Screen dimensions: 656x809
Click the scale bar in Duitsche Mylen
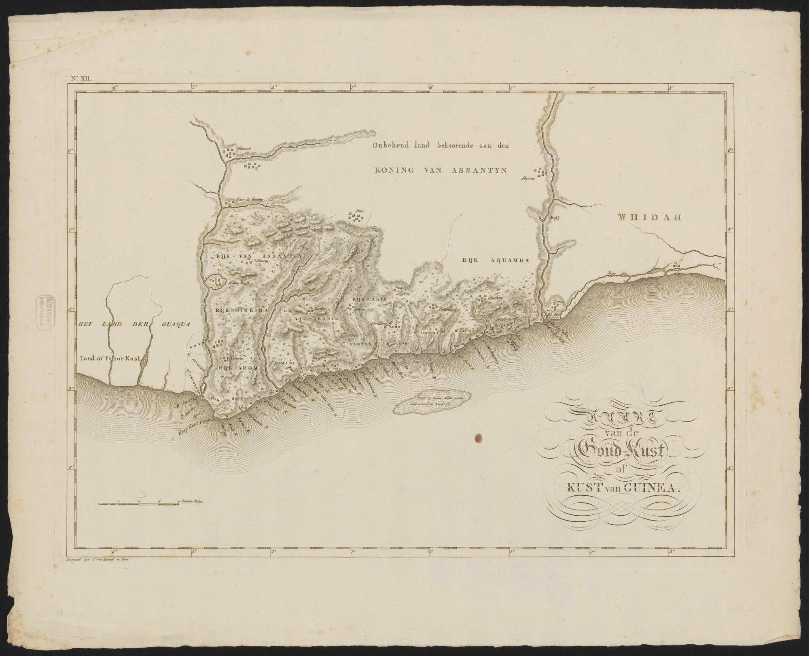(x=138, y=503)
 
